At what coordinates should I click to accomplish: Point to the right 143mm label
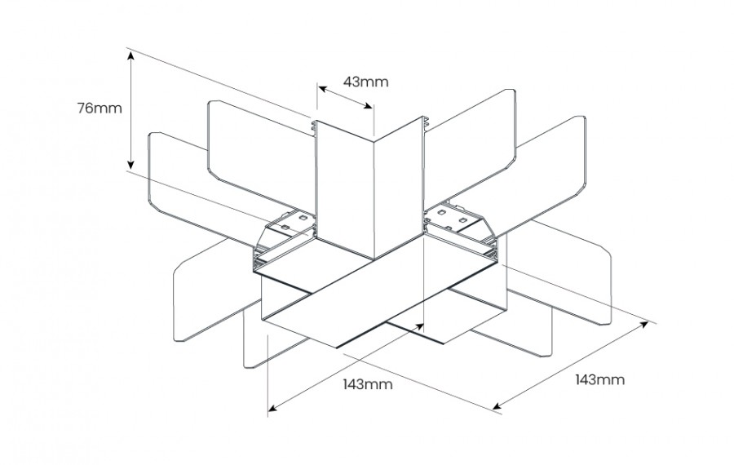(x=600, y=379)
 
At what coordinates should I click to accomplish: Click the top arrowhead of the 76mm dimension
(x=130, y=53)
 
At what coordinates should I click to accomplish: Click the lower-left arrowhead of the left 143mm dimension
(x=272, y=407)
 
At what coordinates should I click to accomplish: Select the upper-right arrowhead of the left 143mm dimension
(x=422, y=326)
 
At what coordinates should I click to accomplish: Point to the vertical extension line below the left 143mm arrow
(x=268, y=375)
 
